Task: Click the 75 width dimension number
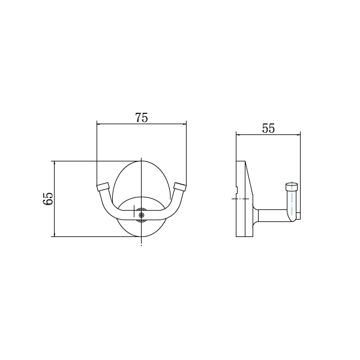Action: tap(142, 118)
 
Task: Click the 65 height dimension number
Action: tap(48, 199)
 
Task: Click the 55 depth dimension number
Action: tap(268, 128)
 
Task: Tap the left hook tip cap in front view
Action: tap(103, 187)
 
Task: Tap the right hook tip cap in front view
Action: tap(180, 187)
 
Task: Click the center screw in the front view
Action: tap(141, 215)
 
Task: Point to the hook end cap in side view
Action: tap(292, 187)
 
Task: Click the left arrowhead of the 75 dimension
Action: tap(98, 124)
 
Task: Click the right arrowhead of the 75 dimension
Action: tap(184, 124)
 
